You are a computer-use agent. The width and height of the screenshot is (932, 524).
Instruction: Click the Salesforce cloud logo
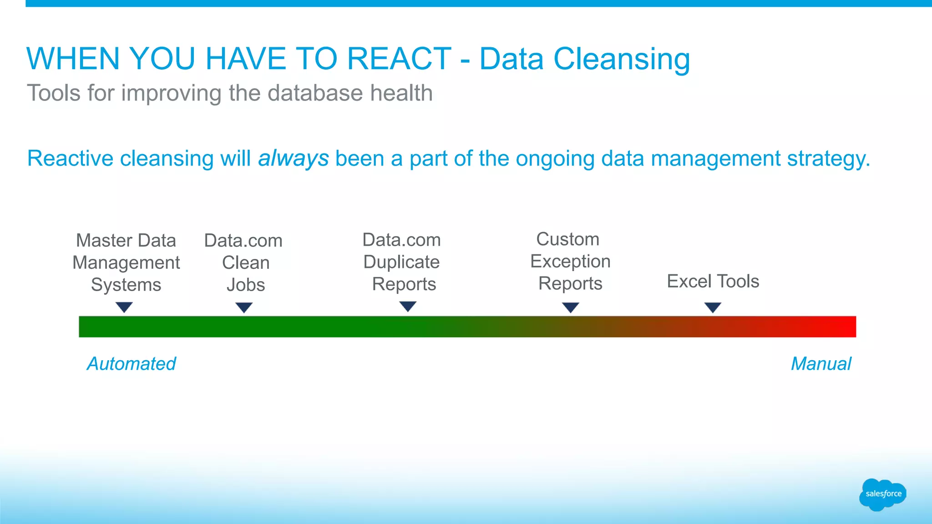[x=882, y=494]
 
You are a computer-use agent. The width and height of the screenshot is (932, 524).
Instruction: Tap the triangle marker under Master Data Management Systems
[x=124, y=307]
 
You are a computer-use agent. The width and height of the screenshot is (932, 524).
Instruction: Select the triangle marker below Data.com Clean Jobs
[x=244, y=307]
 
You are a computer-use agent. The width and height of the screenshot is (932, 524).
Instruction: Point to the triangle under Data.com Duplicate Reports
[x=408, y=306]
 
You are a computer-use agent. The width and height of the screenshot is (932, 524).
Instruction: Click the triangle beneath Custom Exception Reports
[x=570, y=307]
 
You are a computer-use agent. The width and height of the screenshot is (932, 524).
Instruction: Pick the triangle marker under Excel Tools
[x=713, y=307]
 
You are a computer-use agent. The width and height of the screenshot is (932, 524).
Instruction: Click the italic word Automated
[x=131, y=363]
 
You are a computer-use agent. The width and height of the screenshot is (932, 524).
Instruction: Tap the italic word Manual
[x=821, y=363]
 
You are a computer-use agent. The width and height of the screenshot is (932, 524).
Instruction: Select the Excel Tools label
[x=713, y=281]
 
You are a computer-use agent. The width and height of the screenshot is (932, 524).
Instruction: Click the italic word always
[x=294, y=158]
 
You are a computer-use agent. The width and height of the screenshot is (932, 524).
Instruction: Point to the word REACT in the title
[x=399, y=59]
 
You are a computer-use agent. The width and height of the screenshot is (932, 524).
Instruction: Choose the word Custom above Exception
[x=567, y=239]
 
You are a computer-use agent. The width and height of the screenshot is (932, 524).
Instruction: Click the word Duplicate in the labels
[x=401, y=262]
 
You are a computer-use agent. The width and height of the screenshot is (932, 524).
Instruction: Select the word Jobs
[x=246, y=285]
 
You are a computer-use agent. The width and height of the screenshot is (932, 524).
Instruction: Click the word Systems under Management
[x=126, y=285]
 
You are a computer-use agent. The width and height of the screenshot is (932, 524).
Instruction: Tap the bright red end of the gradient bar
[x=846, y=327]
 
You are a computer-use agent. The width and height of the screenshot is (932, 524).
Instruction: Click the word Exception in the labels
[x=570, y=262]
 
